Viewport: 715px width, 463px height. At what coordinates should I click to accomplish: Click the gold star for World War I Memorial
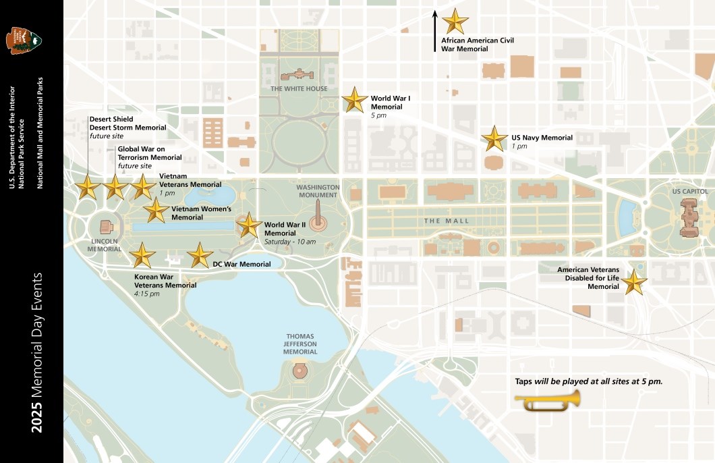[355, 100]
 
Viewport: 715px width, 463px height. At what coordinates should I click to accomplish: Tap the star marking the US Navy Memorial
[494, 138]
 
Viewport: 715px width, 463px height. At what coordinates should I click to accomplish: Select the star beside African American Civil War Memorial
[455, 22]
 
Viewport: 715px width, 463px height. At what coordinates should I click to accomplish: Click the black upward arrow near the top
[435, 30]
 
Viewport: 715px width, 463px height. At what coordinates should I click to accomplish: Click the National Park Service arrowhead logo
[23, 40]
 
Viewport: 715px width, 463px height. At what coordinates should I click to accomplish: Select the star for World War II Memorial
[249, 225]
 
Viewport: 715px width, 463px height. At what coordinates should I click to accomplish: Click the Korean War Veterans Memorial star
[142, 256]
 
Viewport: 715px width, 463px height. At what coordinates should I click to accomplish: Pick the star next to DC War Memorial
[200, 256]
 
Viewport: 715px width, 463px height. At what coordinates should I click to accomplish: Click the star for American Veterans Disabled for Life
[633, 282]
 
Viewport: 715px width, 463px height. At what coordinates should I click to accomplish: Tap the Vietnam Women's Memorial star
[156, 211]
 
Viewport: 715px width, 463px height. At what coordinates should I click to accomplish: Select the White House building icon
[297, 74]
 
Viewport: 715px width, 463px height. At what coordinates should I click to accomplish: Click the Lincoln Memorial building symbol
[106, 227]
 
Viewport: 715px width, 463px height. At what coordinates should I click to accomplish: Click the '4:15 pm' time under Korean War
[147, 294]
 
